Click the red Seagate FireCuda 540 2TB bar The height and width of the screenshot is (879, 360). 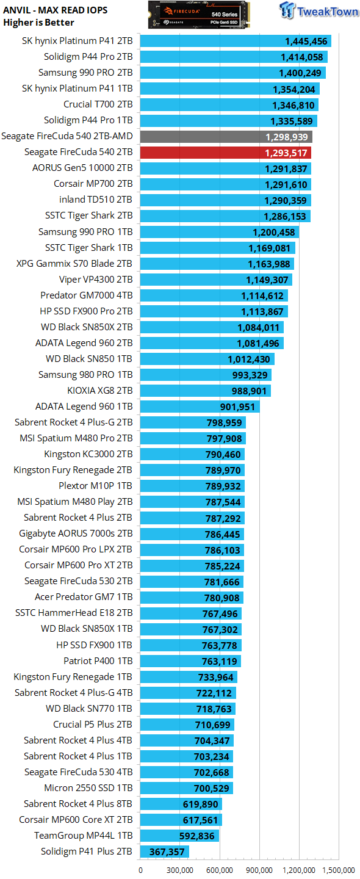226,153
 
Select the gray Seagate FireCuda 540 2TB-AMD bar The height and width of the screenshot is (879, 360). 226,137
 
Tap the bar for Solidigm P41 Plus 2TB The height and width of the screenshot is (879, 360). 165,852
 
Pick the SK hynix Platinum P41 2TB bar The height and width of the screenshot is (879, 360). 236,41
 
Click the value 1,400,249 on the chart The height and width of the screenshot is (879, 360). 300,73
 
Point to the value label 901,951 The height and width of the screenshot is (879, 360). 237,407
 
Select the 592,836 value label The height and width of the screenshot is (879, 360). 197,836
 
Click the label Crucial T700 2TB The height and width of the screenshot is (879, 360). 98,104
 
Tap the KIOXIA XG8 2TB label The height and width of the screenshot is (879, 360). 100,391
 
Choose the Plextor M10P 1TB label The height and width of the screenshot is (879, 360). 95,486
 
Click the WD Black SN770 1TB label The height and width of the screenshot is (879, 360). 89,708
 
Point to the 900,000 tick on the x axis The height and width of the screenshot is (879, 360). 259,870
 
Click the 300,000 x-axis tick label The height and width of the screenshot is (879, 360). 180,870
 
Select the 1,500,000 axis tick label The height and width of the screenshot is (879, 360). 339,870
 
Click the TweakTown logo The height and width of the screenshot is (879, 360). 319,10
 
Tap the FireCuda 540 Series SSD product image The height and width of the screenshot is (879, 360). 199,15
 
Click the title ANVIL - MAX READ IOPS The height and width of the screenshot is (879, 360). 56,10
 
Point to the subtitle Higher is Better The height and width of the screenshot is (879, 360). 38,23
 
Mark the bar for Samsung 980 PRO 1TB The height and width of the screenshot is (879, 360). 206,375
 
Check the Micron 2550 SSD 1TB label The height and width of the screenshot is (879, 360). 88,788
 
